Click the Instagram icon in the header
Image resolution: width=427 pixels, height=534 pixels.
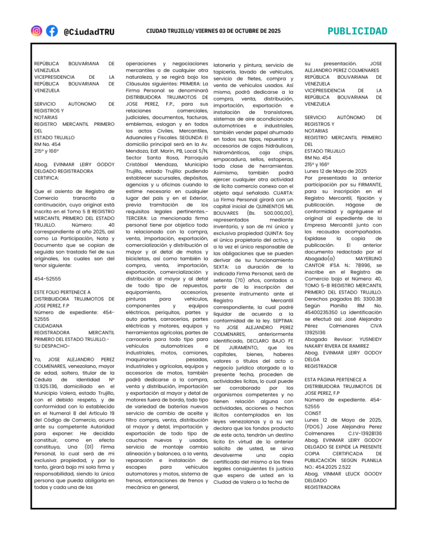coord(36,31)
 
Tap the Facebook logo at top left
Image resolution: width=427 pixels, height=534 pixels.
coord(52,31)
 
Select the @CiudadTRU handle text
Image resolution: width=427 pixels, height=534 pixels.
coord(89,31)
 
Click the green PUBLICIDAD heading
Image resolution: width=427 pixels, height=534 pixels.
coord(357,31)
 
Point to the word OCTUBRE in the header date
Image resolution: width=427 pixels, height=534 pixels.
coord(244,31)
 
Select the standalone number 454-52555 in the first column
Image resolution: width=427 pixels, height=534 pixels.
coord(47,278)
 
